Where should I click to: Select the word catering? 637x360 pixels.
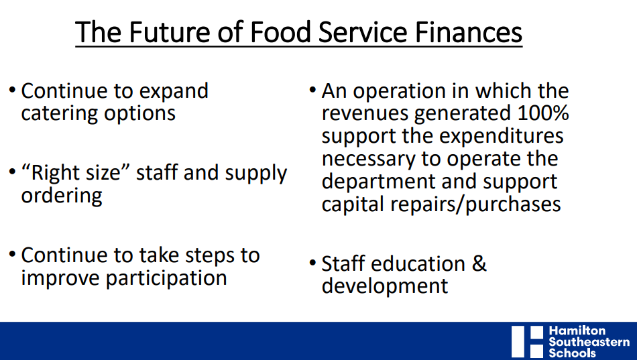(x=59, y=113)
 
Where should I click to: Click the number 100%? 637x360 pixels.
(x=542, y=113)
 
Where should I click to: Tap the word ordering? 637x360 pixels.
(x=62, y=196)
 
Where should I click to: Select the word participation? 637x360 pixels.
(x=166, y=278)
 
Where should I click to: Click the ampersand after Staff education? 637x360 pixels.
(x=479, y=263)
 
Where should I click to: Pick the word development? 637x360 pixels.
(x=385, y=286)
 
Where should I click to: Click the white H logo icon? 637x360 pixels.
(x=527, y=342)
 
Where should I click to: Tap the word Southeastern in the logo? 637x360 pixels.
(x=589, y=342)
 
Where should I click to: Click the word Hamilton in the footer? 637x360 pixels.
(x=577, y=331)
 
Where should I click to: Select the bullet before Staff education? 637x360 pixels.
(x=312, y=263)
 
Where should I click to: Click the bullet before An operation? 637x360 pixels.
(x=312, y=90)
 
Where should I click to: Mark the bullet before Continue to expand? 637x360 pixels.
(x=12, y=90)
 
